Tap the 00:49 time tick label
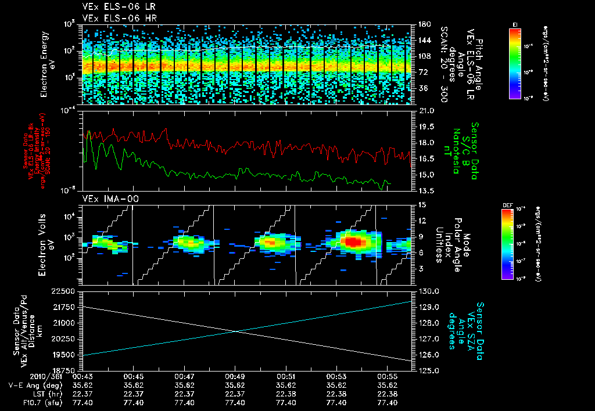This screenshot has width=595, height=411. (235, 376)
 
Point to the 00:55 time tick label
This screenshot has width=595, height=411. (387, 376)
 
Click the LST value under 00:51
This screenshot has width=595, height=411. (286, 393)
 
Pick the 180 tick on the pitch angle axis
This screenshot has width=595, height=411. (422, 24)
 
